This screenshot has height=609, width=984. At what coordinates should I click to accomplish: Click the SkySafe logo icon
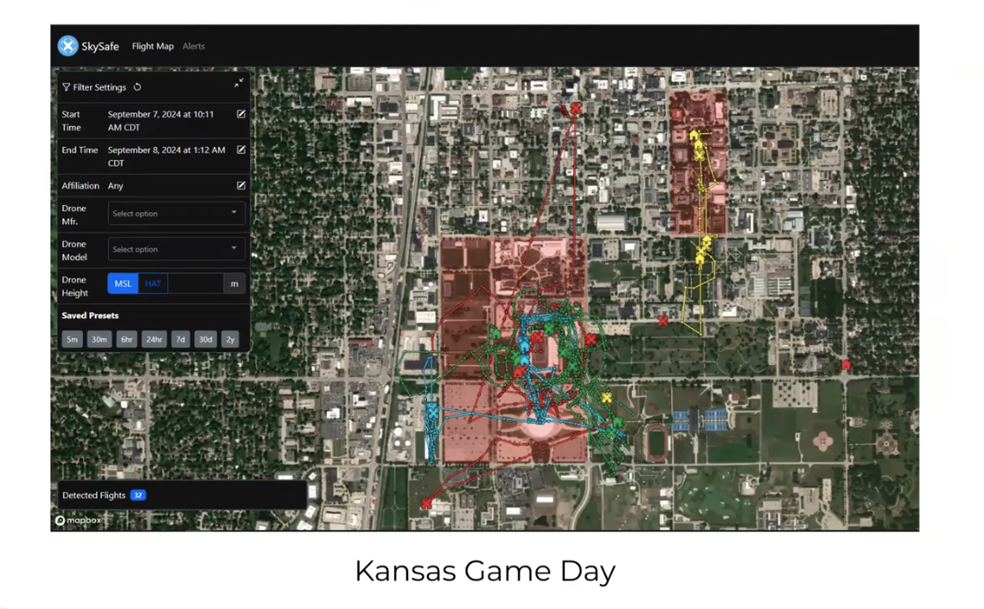(x=67, y=46)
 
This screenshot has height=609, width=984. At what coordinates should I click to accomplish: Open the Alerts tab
(x=194, y=47)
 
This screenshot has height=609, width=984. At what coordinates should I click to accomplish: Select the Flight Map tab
(x=152, y=47)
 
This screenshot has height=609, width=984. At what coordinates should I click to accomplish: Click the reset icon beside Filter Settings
(x=137, y=87)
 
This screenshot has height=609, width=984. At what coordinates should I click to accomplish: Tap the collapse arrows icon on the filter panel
(x=238, y=84)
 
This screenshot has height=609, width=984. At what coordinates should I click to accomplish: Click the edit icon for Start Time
(x=241, y=114)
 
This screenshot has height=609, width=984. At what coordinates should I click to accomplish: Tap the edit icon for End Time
(x=241, y=150)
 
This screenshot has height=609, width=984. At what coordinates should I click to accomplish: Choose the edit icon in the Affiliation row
(x=241, y=185)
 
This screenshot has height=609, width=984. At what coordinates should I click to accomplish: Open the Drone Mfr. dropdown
(x=176, y=214)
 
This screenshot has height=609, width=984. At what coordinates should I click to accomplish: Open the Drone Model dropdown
(x=176, y=249)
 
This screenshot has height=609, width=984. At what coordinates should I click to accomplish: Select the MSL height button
(x=123, y=284)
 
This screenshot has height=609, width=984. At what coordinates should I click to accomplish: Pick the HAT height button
(x=153, y=284)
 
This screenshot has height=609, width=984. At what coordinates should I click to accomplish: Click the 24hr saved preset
(x=154, y=340)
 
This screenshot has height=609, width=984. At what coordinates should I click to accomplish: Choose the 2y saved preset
(x=230, y=340)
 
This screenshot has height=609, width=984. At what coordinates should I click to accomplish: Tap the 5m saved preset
(x=72, y=340)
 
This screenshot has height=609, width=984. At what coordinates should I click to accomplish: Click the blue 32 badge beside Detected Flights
(x=137, y=496)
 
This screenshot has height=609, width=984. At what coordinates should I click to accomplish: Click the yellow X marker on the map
(x=607, y=398)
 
